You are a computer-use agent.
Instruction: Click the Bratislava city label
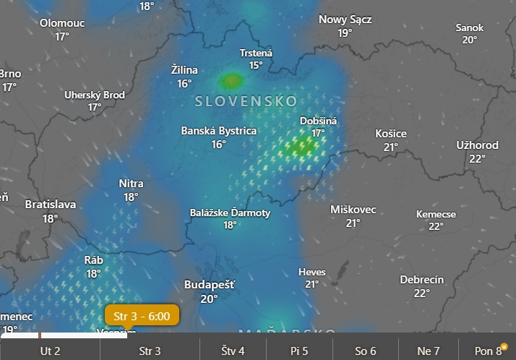pos(50,205)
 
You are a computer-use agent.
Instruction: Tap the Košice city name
pos(391,134)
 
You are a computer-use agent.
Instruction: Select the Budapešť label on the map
pos(210,285)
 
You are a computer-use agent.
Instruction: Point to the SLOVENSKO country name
pos(246,102)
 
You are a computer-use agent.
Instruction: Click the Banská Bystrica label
pos(218,131)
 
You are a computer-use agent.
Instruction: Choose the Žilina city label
pos(184,70)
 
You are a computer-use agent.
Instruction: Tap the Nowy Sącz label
pos(345,20)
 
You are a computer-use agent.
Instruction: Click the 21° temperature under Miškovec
pos(353,223)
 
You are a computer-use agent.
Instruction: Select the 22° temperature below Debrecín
pos(422,293)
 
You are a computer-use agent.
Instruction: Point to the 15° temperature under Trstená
pos(256,65)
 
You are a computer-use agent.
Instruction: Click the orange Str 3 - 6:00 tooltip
pos(142,316)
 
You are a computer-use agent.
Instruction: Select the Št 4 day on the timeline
pos(232,351)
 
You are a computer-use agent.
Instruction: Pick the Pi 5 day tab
pos(299,351)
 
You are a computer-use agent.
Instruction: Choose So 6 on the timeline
pos(365,351)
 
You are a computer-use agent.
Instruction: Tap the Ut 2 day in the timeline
pos(50,351)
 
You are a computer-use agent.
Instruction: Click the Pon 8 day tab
pos(489,351)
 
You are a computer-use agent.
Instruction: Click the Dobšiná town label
pos(318,121)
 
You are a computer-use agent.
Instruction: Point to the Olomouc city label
pos(62,23)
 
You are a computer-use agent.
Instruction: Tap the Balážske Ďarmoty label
pos(230,213)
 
